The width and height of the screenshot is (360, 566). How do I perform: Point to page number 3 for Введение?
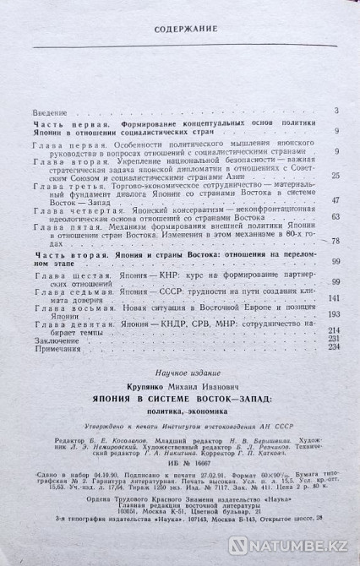pyautogui.click(x=336, y=112)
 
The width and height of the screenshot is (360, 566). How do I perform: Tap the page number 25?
pyautogui.click(x=335, y=175)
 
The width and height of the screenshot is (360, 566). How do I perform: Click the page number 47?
pyautogui.click(x=335, y=200)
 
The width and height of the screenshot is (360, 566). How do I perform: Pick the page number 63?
pyautogui.click(x=335, y=217)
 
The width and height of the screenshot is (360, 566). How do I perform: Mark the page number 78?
pyautogui.click(x=335, y=242)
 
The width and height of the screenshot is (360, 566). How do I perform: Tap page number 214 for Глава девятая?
pyautogui.click(x=333, y=329)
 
